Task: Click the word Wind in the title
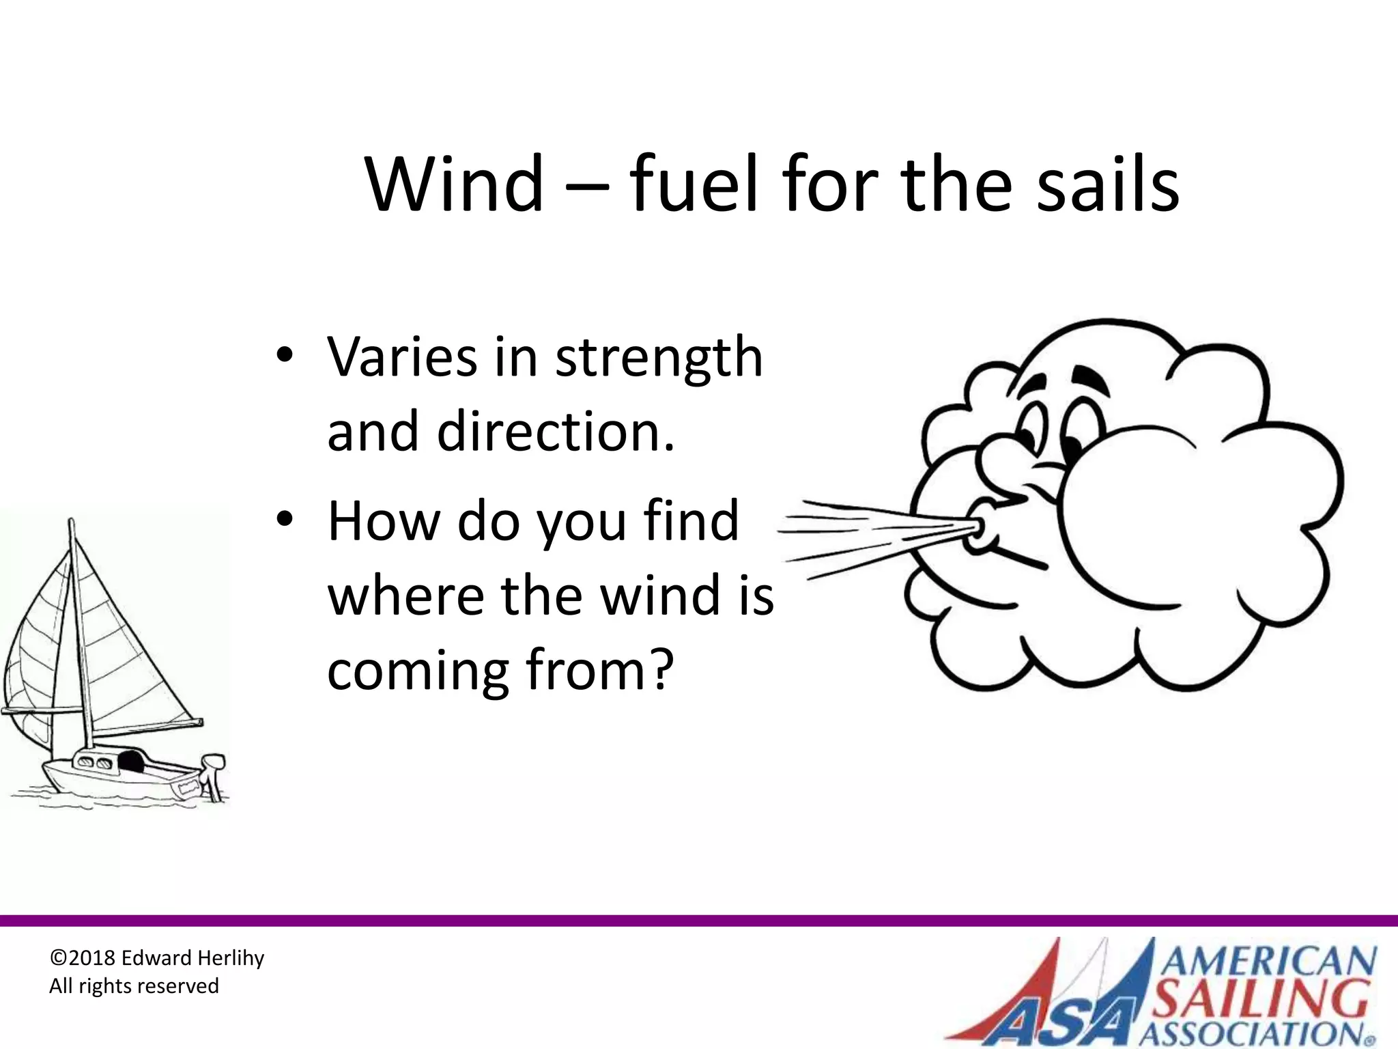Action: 455,184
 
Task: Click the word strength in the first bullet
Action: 658,358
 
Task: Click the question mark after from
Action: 659,669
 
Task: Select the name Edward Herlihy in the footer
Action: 192,958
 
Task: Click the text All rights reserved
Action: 134,986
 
